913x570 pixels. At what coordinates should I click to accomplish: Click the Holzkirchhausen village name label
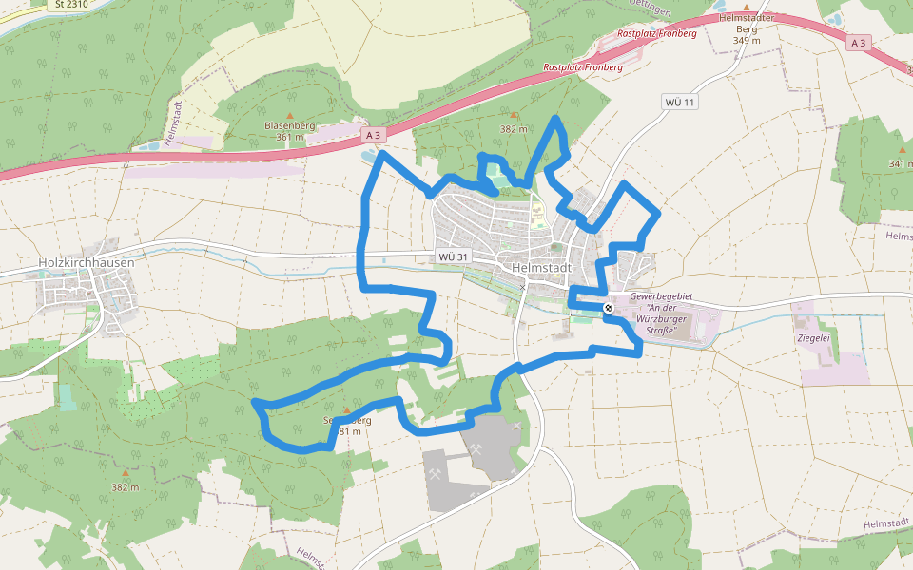(x=86, y=262)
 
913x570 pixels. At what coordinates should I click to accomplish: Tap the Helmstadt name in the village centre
(x=540, y=267)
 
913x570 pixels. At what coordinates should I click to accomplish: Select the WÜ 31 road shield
(x=454, y=257)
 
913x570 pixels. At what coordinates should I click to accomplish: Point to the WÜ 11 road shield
(x=681, y=102)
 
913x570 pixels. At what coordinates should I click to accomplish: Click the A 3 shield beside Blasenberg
(x=374, y=135)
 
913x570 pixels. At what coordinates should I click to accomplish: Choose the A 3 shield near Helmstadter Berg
(x=859, y=43)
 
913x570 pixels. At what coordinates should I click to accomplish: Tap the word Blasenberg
(x=289, y=125)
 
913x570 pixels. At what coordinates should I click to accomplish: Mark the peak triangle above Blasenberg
(x=290, y=115)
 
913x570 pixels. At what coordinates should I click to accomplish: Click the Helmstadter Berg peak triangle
(x=747, y=7)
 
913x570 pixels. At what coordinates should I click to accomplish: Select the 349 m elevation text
(x=747, y=40)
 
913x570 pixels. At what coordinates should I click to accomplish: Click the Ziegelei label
(x=814, y=337)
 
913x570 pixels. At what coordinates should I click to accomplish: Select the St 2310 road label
(x=71, y=4)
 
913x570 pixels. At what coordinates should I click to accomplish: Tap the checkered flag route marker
(x=608, y=308)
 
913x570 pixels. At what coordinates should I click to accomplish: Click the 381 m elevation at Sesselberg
(x=347, y=431)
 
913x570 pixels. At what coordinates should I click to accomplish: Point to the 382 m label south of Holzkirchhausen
(x=125, y=486)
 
